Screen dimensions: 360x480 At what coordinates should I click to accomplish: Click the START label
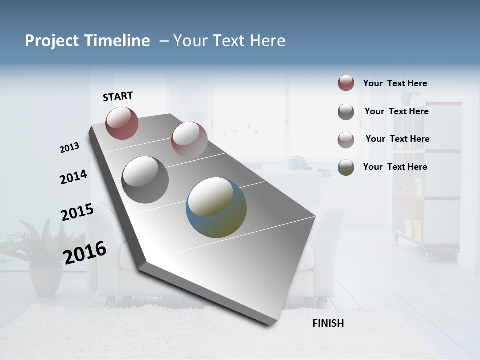118,96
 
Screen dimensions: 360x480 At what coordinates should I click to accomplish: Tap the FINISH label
328,323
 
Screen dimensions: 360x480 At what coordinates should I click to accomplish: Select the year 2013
69,148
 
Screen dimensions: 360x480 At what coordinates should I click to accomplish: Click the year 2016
85,252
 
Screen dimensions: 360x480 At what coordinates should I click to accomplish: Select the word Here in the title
267,41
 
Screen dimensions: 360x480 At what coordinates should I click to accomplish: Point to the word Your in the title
189,41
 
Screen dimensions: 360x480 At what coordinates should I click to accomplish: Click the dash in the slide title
164,41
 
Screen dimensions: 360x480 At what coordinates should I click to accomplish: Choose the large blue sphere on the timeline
216,207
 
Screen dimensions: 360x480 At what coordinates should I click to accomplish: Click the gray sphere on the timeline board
145,180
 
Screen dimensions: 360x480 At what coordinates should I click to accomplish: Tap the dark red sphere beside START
122,123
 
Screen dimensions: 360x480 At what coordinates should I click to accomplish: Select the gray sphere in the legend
346,112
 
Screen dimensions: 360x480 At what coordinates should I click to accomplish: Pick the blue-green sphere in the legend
346,167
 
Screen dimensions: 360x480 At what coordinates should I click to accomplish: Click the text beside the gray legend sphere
396,111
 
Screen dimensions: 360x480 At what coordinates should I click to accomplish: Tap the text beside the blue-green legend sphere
395,167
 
